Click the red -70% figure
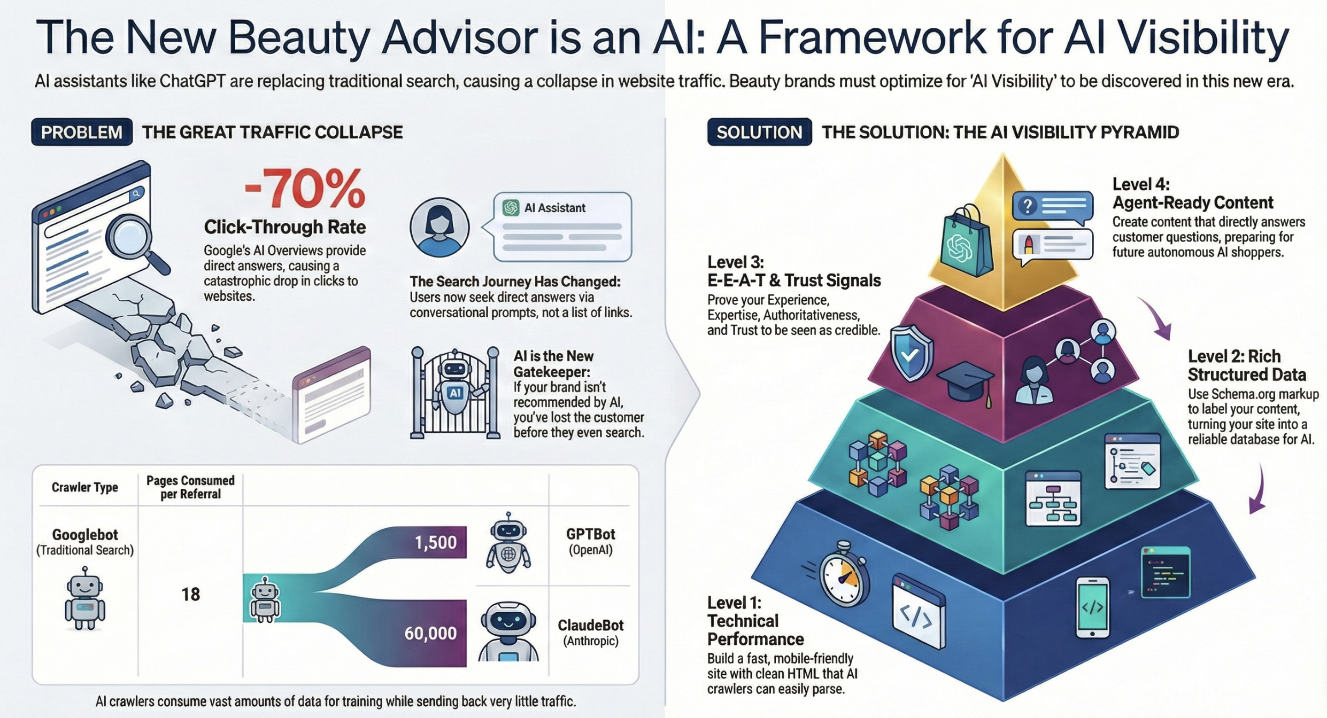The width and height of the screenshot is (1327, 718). tap(304, 190)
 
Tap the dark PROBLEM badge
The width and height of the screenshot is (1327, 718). tap(82, 132)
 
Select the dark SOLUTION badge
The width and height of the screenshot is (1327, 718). tap(759, 132)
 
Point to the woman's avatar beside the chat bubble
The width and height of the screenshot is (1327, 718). tap(439, 228)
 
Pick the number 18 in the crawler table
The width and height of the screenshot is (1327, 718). tap(190, 594)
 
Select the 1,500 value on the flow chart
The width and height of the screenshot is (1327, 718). tap(436, 542)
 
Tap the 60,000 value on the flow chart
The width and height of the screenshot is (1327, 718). tap(430, 633)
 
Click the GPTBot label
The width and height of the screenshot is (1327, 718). tap(591, 534)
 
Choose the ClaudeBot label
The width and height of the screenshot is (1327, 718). tap(591, 626)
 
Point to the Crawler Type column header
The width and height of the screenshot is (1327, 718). tap(85, 487)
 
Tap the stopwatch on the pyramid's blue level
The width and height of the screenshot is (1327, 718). tap(843, 580)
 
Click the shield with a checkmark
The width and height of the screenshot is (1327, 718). tap(911, 353)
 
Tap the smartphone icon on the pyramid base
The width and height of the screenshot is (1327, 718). tap(1092, 607)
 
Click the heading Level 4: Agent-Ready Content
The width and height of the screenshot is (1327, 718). tap(1192, 193)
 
